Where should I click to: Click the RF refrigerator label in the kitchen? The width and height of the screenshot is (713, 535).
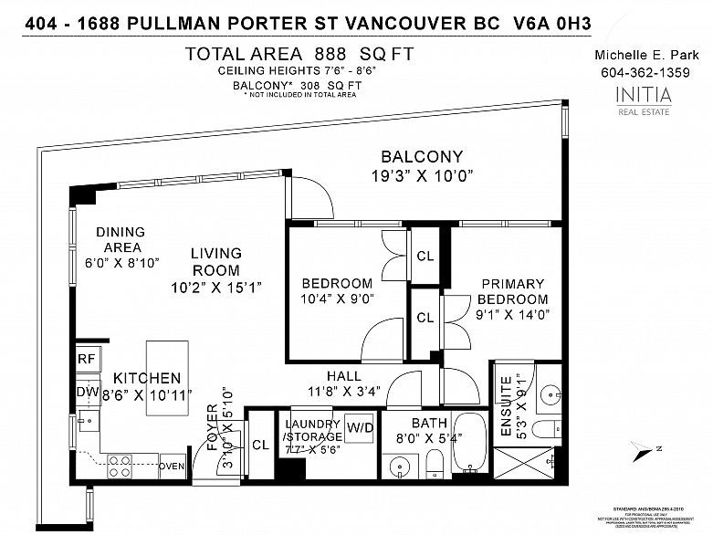click(x=86, y=360)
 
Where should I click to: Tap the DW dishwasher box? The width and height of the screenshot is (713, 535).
click(x=86, y=392)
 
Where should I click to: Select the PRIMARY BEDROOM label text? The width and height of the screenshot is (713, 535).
click(x=515, y=291)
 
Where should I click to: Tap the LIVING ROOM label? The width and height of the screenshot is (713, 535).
click(x=216, y=261)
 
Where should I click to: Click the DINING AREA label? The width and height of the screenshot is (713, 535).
click(x=119, y=239)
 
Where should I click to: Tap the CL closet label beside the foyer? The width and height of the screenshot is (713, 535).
click(x=260, y=446)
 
